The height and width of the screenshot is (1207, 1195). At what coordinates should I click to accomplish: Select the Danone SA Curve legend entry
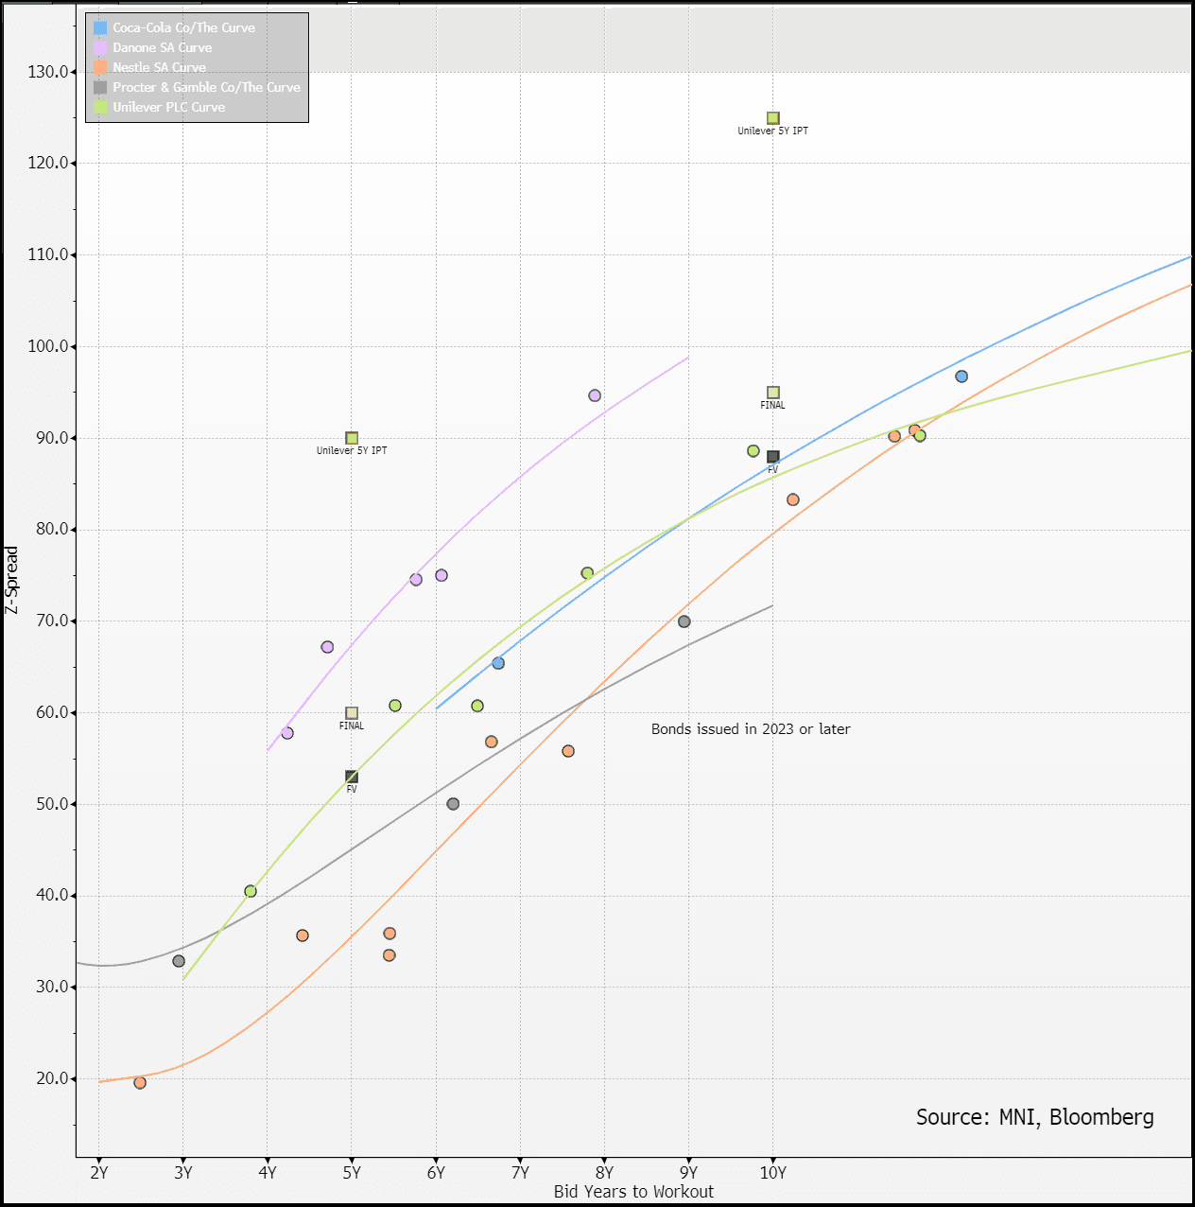tap(162, 47)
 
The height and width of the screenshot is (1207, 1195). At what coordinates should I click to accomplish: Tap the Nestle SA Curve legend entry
tap(159, 67)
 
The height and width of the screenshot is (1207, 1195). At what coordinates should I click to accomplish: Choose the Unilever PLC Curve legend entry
tap(168, 107)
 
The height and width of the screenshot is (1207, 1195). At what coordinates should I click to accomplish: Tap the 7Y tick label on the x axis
tap(520, 1173)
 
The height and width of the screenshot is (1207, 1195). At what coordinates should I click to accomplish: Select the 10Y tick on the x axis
tap(772, 1173)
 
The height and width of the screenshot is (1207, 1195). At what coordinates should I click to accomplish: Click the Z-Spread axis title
tap(12, 580)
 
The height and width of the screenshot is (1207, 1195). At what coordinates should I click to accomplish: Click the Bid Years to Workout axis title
tap(633, 1192)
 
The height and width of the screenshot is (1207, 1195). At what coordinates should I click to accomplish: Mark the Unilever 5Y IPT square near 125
tap(773, 118)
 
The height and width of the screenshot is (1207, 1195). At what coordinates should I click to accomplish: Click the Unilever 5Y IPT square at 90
tap(352, 438)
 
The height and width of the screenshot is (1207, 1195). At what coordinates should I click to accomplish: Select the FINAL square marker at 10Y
tap(773, 393)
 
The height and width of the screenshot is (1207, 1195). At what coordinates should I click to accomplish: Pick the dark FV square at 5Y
tap(352, 777)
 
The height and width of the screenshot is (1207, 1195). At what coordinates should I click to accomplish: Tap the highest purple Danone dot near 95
tap(595, 395)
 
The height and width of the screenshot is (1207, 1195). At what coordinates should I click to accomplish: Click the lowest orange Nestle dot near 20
tap(140, 1083)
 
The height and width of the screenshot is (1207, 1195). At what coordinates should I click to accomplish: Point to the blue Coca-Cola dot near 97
tap(961, 376)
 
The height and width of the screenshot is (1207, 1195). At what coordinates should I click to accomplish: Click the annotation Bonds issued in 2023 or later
tap(751, 729)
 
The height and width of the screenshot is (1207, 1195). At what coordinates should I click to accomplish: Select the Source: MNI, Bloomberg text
tap(1034, 1117)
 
